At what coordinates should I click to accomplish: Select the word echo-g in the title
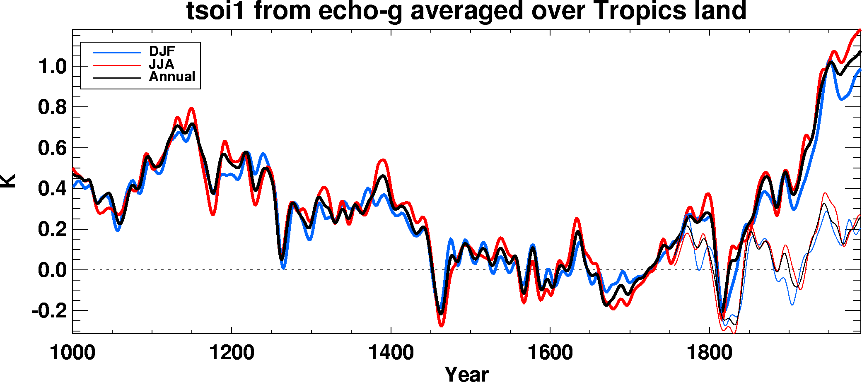click(360, 11)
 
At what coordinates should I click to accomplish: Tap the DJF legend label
click(162, 51)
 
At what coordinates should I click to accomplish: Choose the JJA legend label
click(162, 64)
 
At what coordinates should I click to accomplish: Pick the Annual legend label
click(172, 77)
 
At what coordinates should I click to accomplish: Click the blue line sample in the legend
click(117, 53)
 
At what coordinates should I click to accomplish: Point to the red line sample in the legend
click(117, 65)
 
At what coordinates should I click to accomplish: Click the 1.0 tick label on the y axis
click(52, 67)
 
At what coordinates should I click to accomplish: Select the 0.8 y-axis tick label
click(52, 107)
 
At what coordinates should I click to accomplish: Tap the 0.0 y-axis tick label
click(52, 270)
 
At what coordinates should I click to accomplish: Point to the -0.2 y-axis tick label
click(49, 311)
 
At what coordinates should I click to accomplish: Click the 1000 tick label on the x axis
click(72, 353)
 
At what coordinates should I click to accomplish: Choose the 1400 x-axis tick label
click(391, 353)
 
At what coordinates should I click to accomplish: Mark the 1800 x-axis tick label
click(709, 353)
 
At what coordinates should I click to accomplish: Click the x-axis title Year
click(467, 374)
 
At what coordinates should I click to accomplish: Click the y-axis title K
click(8, 181)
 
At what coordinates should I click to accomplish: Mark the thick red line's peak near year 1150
click(191, 108)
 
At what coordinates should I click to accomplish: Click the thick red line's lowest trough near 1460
click(441, 326)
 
